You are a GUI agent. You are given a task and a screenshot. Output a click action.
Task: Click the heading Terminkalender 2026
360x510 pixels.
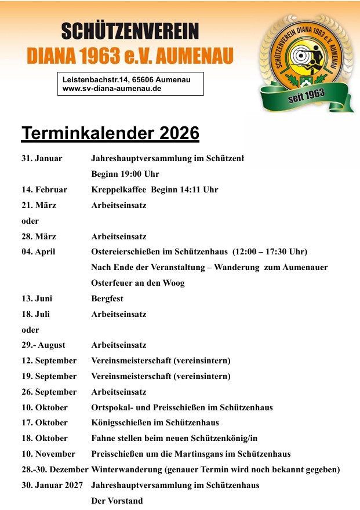coord(110,133)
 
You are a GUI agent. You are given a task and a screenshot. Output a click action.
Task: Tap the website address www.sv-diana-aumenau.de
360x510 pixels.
coord(112,89)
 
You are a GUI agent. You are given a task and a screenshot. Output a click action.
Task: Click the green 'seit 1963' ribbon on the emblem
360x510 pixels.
coord(306,96)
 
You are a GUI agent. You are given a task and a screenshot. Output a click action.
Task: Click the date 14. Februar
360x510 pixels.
coord(44,190)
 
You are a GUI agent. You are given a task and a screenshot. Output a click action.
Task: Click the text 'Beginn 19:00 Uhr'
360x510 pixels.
coord(125,174)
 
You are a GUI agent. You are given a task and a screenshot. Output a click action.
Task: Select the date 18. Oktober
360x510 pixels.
coord(45,438)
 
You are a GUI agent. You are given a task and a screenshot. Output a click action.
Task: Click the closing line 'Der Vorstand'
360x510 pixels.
coord(117,501)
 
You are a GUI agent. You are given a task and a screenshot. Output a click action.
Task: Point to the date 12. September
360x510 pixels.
coord(49,360)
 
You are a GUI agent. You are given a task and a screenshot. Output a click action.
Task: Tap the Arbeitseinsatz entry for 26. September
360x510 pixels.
coord(119,392)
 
